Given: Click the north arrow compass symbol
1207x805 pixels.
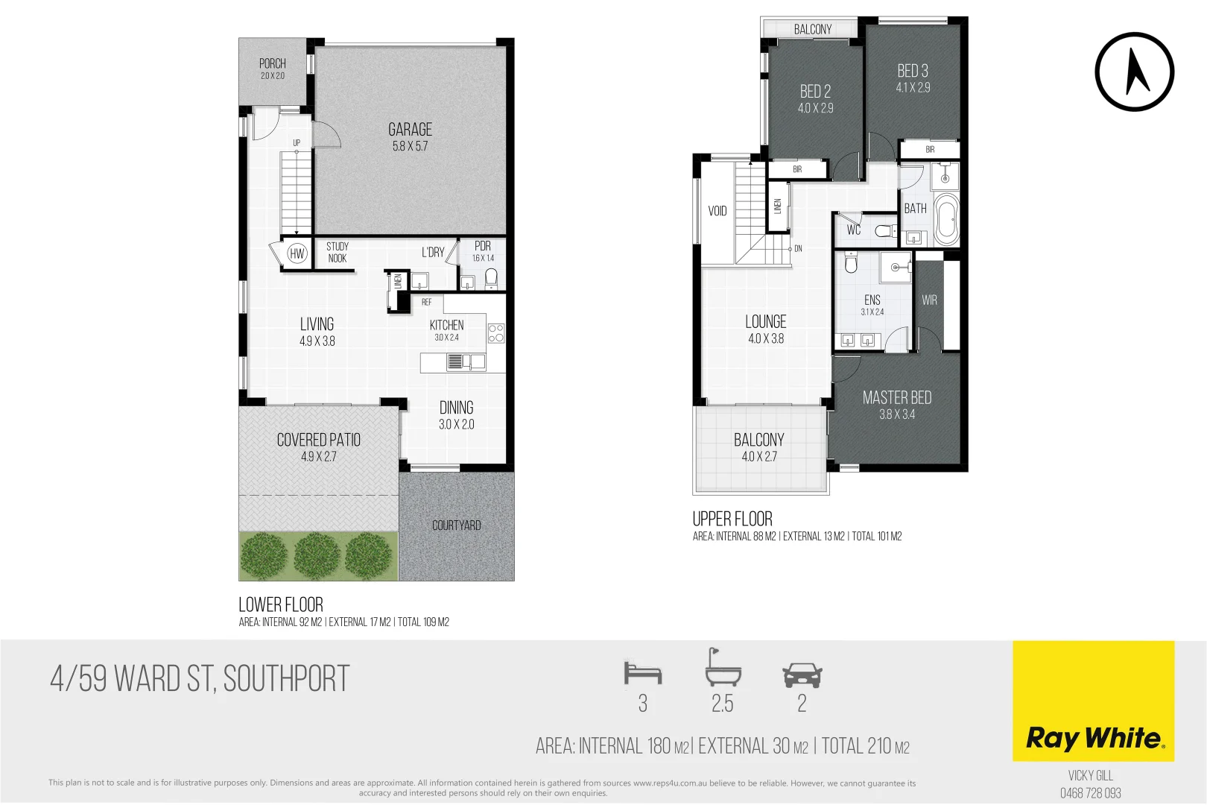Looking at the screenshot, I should pos(1134,72).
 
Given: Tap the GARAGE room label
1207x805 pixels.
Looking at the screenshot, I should pos(410,130).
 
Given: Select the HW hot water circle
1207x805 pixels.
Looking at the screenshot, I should pos(297,253).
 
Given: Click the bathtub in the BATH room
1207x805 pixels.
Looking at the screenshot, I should pos(946,219).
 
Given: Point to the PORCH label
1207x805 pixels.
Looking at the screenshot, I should pos(273,64).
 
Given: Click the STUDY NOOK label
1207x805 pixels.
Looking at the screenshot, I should pos(338,252).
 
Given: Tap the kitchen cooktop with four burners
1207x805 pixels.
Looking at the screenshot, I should pos(496,333).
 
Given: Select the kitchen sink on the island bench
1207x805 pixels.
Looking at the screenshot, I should pos(455,362).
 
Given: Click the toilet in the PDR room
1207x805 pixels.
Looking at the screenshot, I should pos(491,279).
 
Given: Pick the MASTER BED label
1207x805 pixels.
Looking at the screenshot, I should pos(897,398).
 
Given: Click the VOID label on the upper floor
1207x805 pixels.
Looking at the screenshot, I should pos(717,211).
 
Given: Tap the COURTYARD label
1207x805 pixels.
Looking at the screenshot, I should pos(457,525).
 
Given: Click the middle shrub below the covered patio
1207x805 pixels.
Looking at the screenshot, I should pos(317,555).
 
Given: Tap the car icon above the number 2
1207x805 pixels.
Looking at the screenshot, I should pos(802,675).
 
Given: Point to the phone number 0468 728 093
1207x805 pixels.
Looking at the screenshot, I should pos(1091,793).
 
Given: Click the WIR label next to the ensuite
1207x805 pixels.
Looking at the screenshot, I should pos(929,300).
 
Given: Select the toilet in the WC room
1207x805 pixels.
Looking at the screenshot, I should pos(886,231).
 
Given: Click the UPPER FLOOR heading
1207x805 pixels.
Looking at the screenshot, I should pos(732,519).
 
